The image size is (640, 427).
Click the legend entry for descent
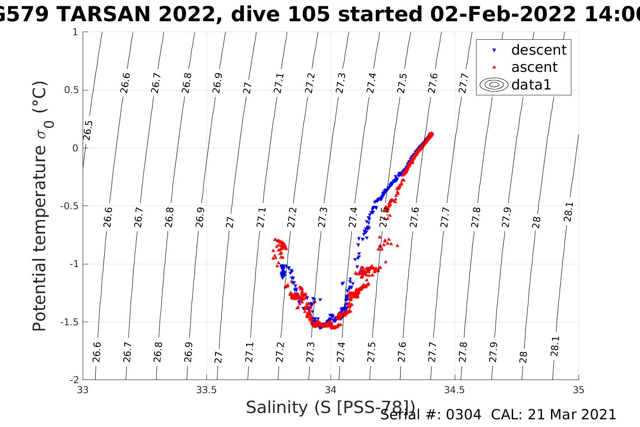538,50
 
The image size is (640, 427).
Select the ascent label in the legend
534,67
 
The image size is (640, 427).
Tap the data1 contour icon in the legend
494,84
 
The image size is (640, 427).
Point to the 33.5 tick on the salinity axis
206,390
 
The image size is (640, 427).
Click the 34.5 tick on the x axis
454,390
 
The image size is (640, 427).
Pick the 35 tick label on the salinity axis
578,390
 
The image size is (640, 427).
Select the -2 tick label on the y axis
73,380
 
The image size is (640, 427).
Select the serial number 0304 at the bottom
463,415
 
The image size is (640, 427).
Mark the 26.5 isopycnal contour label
88,131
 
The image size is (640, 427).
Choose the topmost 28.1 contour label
568,212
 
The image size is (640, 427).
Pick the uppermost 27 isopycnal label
247,87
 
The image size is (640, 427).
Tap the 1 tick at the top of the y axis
75,32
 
